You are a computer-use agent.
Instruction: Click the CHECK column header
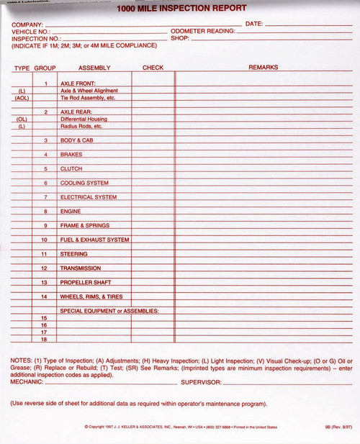[153, 68]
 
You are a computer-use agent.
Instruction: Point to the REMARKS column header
[263, 68]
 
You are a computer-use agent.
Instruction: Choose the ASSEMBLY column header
[94, 68]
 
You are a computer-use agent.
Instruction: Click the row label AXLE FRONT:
[78, 83]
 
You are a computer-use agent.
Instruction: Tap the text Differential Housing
[84, 119]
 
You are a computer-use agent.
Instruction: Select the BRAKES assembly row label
[71, 155]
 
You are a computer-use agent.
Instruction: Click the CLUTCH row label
[71, 169]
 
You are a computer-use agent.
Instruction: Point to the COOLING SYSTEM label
[84, 183]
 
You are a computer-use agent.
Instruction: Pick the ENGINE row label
[71, 212]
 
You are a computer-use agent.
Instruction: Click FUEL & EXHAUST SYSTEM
[94, 240]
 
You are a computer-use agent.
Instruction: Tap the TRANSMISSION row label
[81, 268]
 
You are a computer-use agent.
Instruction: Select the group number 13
[44, 282]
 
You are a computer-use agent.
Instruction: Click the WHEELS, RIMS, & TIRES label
[92, 296]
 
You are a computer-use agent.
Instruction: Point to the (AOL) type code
[22, 98]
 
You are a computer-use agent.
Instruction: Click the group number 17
[44, 332]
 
